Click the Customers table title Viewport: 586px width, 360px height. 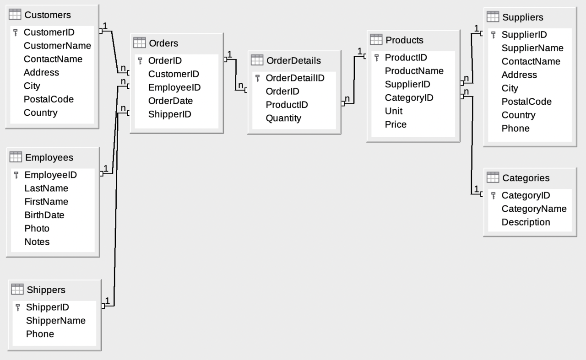coord(48,15)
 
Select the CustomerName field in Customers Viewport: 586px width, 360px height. coord(57,46)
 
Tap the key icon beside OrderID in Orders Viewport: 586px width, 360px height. coord(140,61)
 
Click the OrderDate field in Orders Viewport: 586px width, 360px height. coord(170,101)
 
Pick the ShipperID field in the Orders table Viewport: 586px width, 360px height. coord(169,114)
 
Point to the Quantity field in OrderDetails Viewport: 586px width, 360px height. coord(283,118)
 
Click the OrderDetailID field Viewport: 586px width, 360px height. coord(295,78)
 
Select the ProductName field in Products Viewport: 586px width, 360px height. coord(414,71)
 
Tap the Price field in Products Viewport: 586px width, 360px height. coord(396,124)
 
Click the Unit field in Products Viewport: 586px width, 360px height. coord(393,111)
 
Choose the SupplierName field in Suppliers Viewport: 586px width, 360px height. coord(532,48)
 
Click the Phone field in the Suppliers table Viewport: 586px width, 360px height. coord(515,129)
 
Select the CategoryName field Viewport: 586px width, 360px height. coord(534,209)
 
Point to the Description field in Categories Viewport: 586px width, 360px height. coord(526,222)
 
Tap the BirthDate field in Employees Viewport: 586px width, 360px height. coord(44,215)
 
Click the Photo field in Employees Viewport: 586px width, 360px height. coord(37,229)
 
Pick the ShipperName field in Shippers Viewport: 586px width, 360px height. coord(55,321)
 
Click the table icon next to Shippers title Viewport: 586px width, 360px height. coord(17,290)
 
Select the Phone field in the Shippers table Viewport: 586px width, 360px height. coord(40,334)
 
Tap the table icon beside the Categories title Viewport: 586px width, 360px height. coord(493,177)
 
